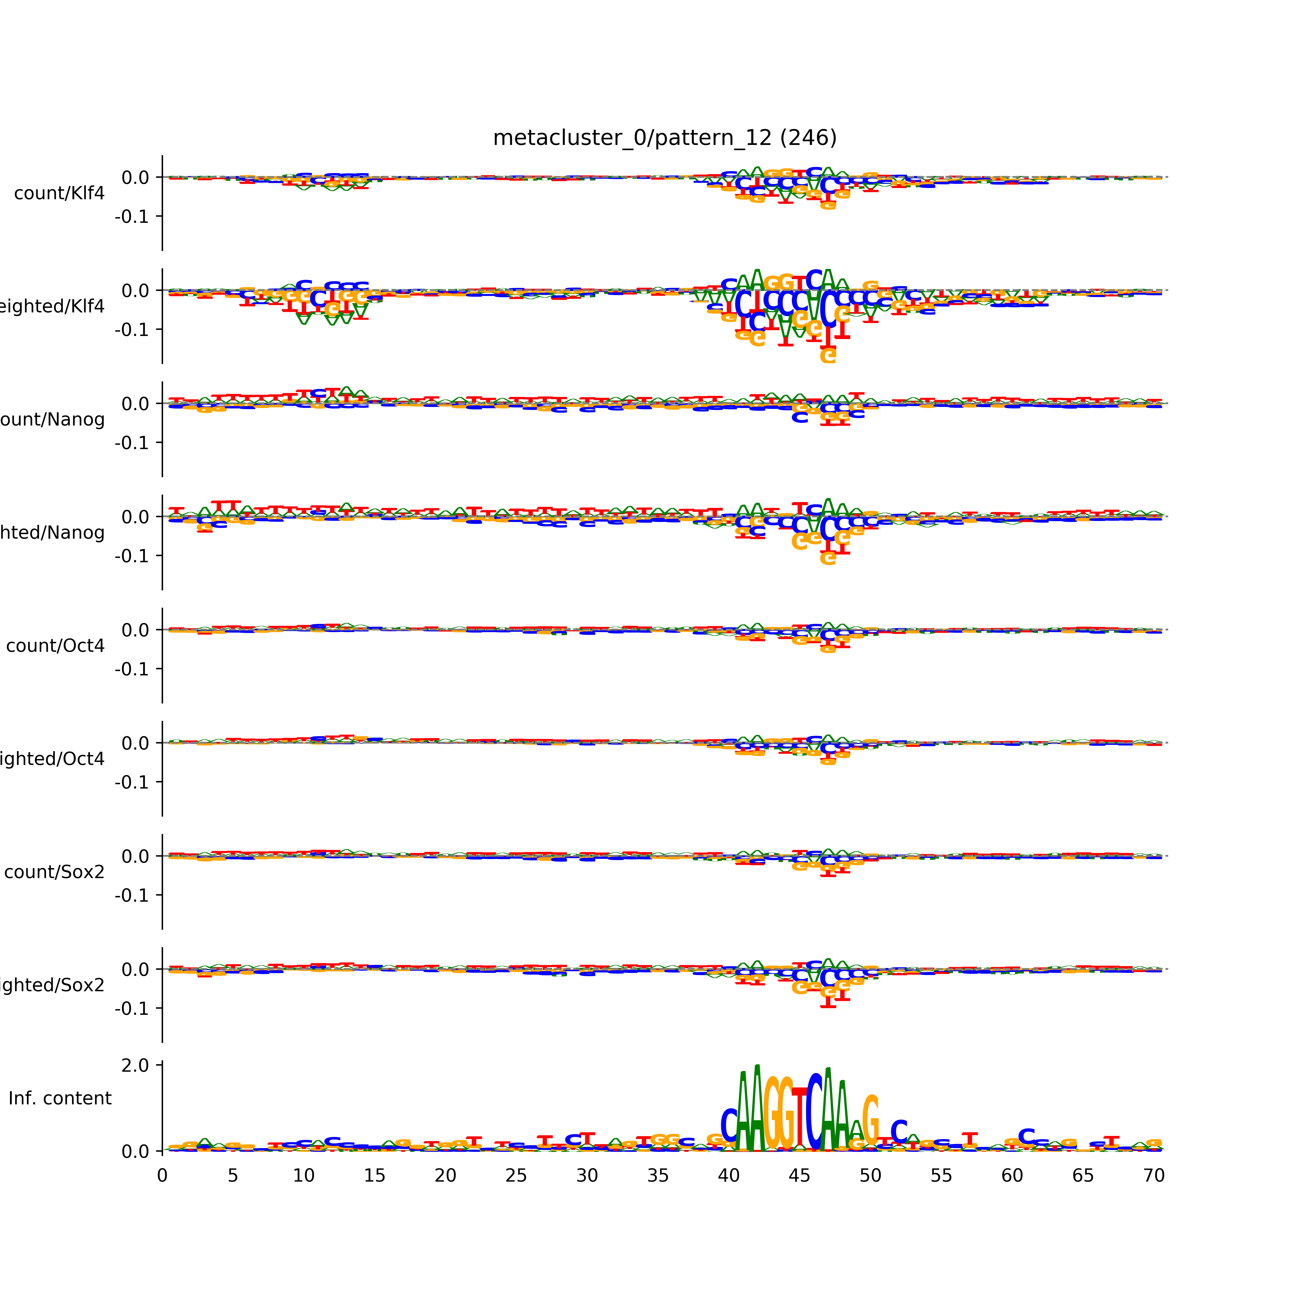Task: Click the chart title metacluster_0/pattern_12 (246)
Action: (664, 138)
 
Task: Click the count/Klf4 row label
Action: (59, 193)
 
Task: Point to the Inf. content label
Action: (60, 1099)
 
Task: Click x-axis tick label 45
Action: (800, 1176)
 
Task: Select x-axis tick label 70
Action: (1153, 1176)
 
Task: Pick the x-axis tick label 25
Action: (516, 1176)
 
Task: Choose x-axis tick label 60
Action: (1012, 1176)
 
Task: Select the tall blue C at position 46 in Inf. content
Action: (814, 1112)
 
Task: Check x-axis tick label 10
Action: (304, 1176)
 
